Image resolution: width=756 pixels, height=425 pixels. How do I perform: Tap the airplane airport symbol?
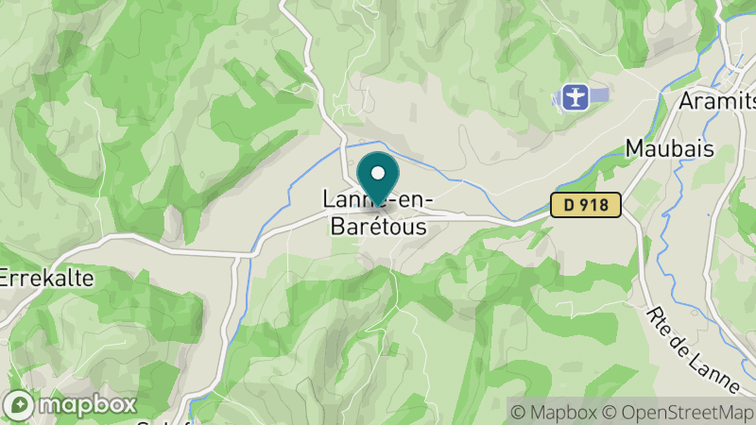(574, 96)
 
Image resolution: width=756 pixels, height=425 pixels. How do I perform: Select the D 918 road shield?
(586, 205)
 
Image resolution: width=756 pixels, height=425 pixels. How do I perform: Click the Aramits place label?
(716, 101)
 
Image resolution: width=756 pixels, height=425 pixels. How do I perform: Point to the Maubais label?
(668, 149)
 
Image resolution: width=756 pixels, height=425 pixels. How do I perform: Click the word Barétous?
(378, 228)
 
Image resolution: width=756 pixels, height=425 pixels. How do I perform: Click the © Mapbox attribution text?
(554, 412)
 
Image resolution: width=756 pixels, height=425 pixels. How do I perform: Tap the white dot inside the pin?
(378, 172)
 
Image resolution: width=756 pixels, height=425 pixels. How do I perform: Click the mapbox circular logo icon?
(21, 404)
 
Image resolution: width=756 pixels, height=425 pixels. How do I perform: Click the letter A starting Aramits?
(685, 101)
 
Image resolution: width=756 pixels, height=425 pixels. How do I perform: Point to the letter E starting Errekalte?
(6, 279)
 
